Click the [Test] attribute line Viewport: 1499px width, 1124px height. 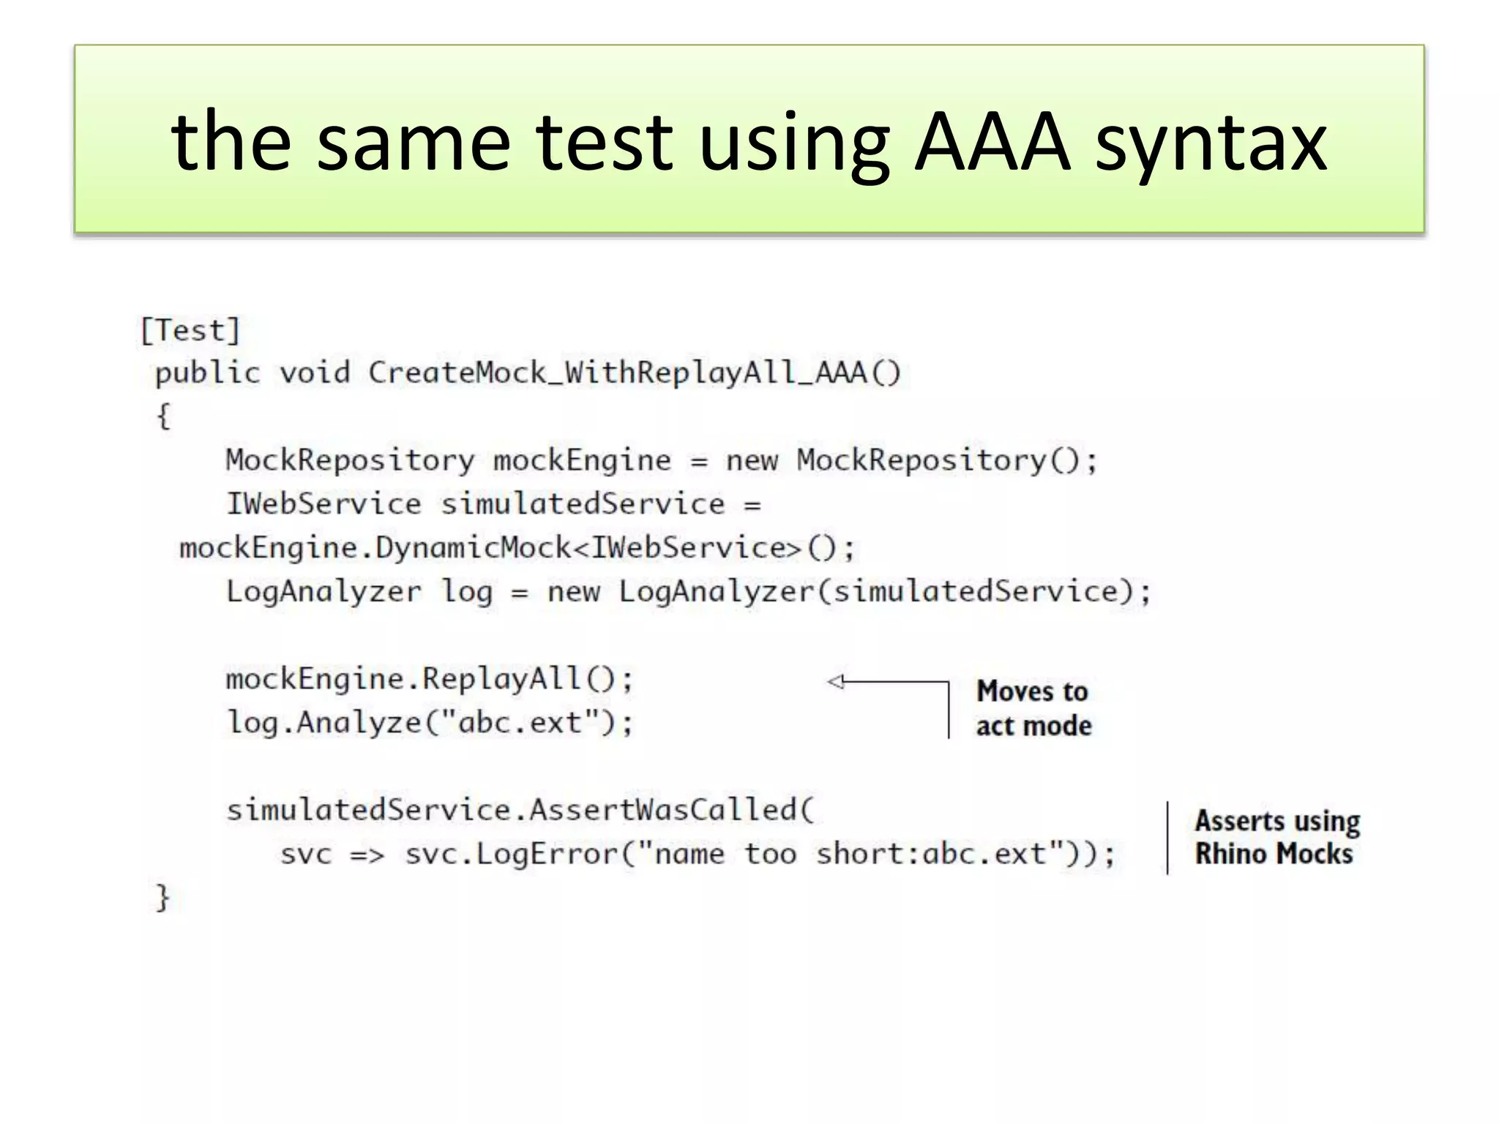[x=190, y=331]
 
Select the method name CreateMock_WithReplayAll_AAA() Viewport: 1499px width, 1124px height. [x=634, y=373]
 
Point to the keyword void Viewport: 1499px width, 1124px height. [x=315, y=373]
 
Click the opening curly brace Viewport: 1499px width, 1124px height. [x=163, y=417]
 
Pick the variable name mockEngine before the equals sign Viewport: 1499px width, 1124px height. [x=582, y=461]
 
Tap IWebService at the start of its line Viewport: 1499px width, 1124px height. [x=324, y=504]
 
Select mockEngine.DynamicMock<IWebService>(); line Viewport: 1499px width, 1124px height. [x=517, y=548]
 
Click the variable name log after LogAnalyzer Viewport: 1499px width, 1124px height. [x=466, y=592]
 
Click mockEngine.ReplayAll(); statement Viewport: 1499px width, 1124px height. [x=429, y=679]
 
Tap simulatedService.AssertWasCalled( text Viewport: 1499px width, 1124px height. [x=520, y=810]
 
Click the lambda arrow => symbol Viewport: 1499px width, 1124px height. [x=367, y=855]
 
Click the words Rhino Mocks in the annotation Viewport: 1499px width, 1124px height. [x=1274, y=854]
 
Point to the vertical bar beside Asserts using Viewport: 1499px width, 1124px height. [x=1167, y=838]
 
